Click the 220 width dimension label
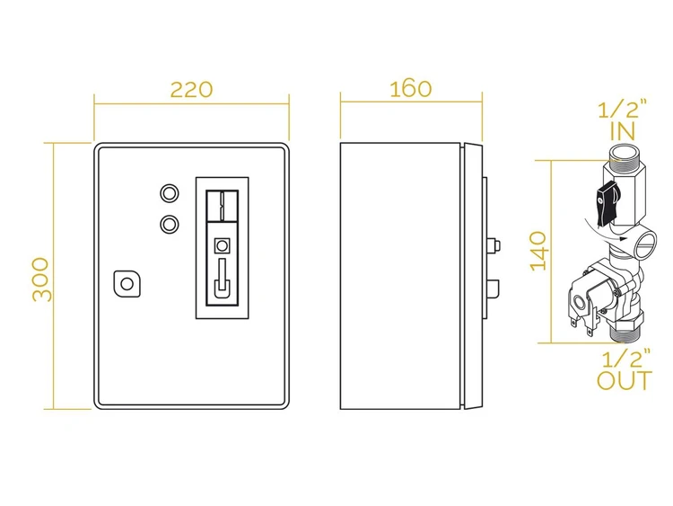(x=191, y=89)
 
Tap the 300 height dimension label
(x=41, y=280)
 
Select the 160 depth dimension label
(x=411, y=89)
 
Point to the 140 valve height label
(x=538, y=252)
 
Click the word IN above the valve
(x=623, y=131)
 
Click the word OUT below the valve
(x=625, y=380)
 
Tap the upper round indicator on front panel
(x=170, y=193)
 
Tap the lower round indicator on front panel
(x=170, y=224)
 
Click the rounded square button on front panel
(x=127, y=283)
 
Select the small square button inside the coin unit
(x=222, y=246)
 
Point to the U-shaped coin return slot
(x=222, y=279)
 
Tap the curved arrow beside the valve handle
(x=605, y=230)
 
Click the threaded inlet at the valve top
(x=621, y=153)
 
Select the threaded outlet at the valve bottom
(x=624, y=334)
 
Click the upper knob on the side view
(x=494, y=246)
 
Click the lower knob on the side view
(x=494, y=289)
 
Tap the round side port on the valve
(x=643, y=243)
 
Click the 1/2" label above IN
(x=623, y=110)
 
